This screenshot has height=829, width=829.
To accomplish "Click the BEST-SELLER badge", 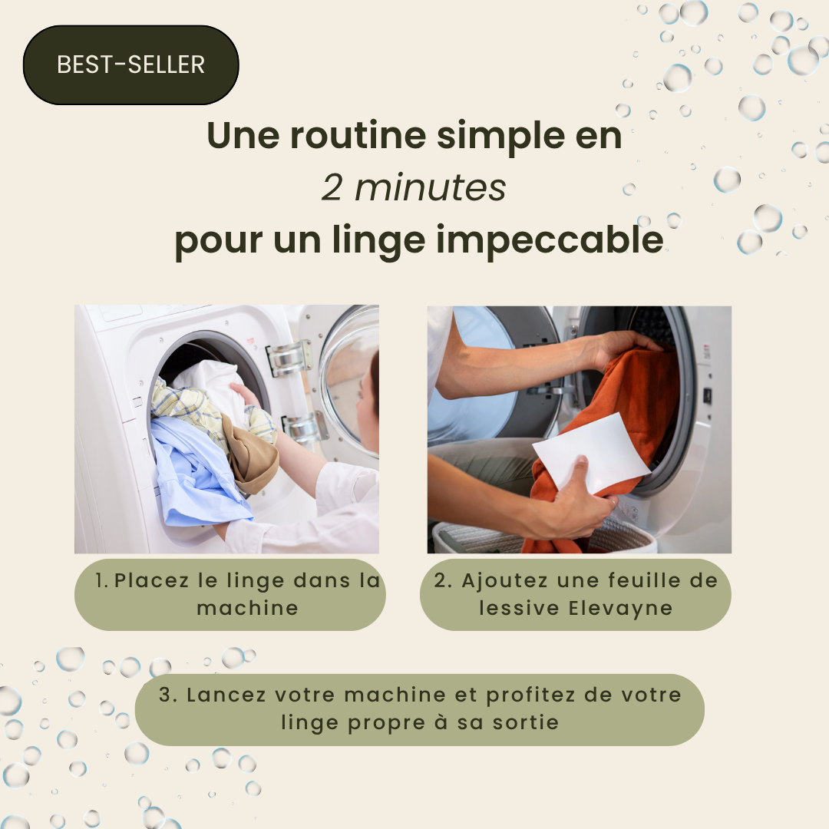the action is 130,64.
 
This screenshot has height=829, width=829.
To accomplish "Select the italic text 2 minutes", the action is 414,187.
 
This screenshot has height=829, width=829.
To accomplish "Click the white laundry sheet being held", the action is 592,452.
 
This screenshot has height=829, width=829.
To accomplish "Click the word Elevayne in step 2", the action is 620,609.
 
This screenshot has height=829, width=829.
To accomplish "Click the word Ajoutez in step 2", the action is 504,581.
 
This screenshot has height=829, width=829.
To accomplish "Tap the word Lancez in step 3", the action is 226,695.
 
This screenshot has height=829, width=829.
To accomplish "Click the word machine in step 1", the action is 247,608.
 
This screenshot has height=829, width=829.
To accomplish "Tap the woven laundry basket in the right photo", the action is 544,535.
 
